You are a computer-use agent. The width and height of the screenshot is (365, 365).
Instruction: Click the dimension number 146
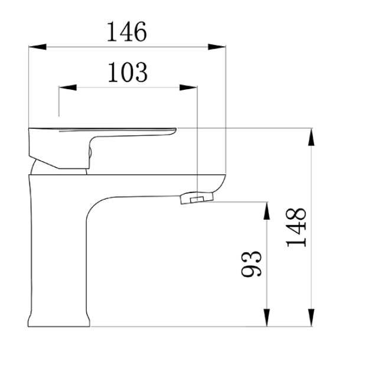[127, 32]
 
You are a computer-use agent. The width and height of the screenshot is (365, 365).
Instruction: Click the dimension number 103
[128, 72]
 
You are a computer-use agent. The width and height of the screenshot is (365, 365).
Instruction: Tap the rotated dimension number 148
[296, 227]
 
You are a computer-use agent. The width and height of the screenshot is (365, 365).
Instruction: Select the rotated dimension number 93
[252, 264]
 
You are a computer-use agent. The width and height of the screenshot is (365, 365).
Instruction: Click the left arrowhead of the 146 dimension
[37, 47]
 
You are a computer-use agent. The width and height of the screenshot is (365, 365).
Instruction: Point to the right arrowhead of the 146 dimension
[217, 47]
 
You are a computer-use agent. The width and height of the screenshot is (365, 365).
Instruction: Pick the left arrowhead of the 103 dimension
[67, 87]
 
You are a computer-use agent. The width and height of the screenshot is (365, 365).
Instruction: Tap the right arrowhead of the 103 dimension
[188, 87]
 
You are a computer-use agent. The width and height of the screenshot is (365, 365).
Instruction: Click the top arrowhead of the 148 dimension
[311, 137]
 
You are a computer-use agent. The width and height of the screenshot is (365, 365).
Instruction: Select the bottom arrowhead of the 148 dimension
[311, 318]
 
